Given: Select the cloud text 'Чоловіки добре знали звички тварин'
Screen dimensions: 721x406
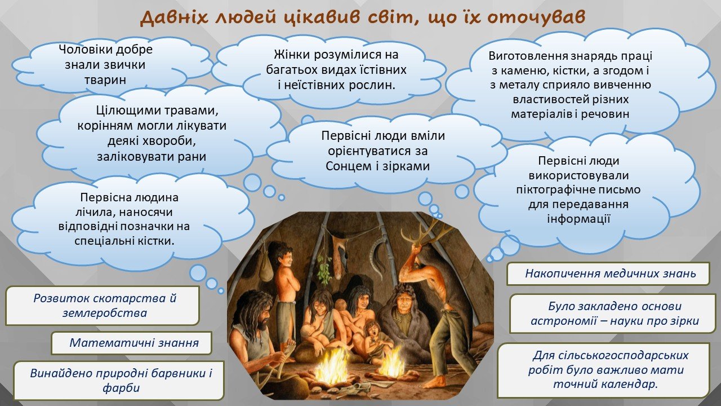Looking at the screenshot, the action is [105, 64].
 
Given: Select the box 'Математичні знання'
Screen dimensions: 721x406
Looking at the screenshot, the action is [131, 343].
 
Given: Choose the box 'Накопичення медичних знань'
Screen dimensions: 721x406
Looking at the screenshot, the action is [608, 273].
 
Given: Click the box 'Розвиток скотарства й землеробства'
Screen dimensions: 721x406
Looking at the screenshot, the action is [103, 305].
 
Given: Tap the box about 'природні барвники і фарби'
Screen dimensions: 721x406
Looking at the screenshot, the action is [119, 380].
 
